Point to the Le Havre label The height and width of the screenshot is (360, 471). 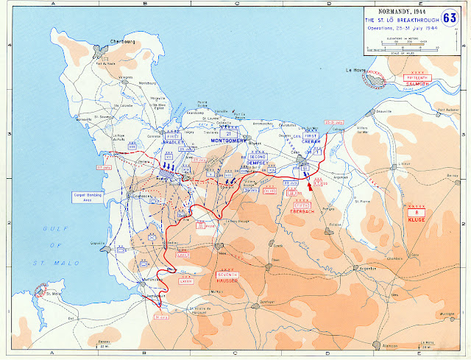[356, 71]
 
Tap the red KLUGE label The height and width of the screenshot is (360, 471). [422, 219]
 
